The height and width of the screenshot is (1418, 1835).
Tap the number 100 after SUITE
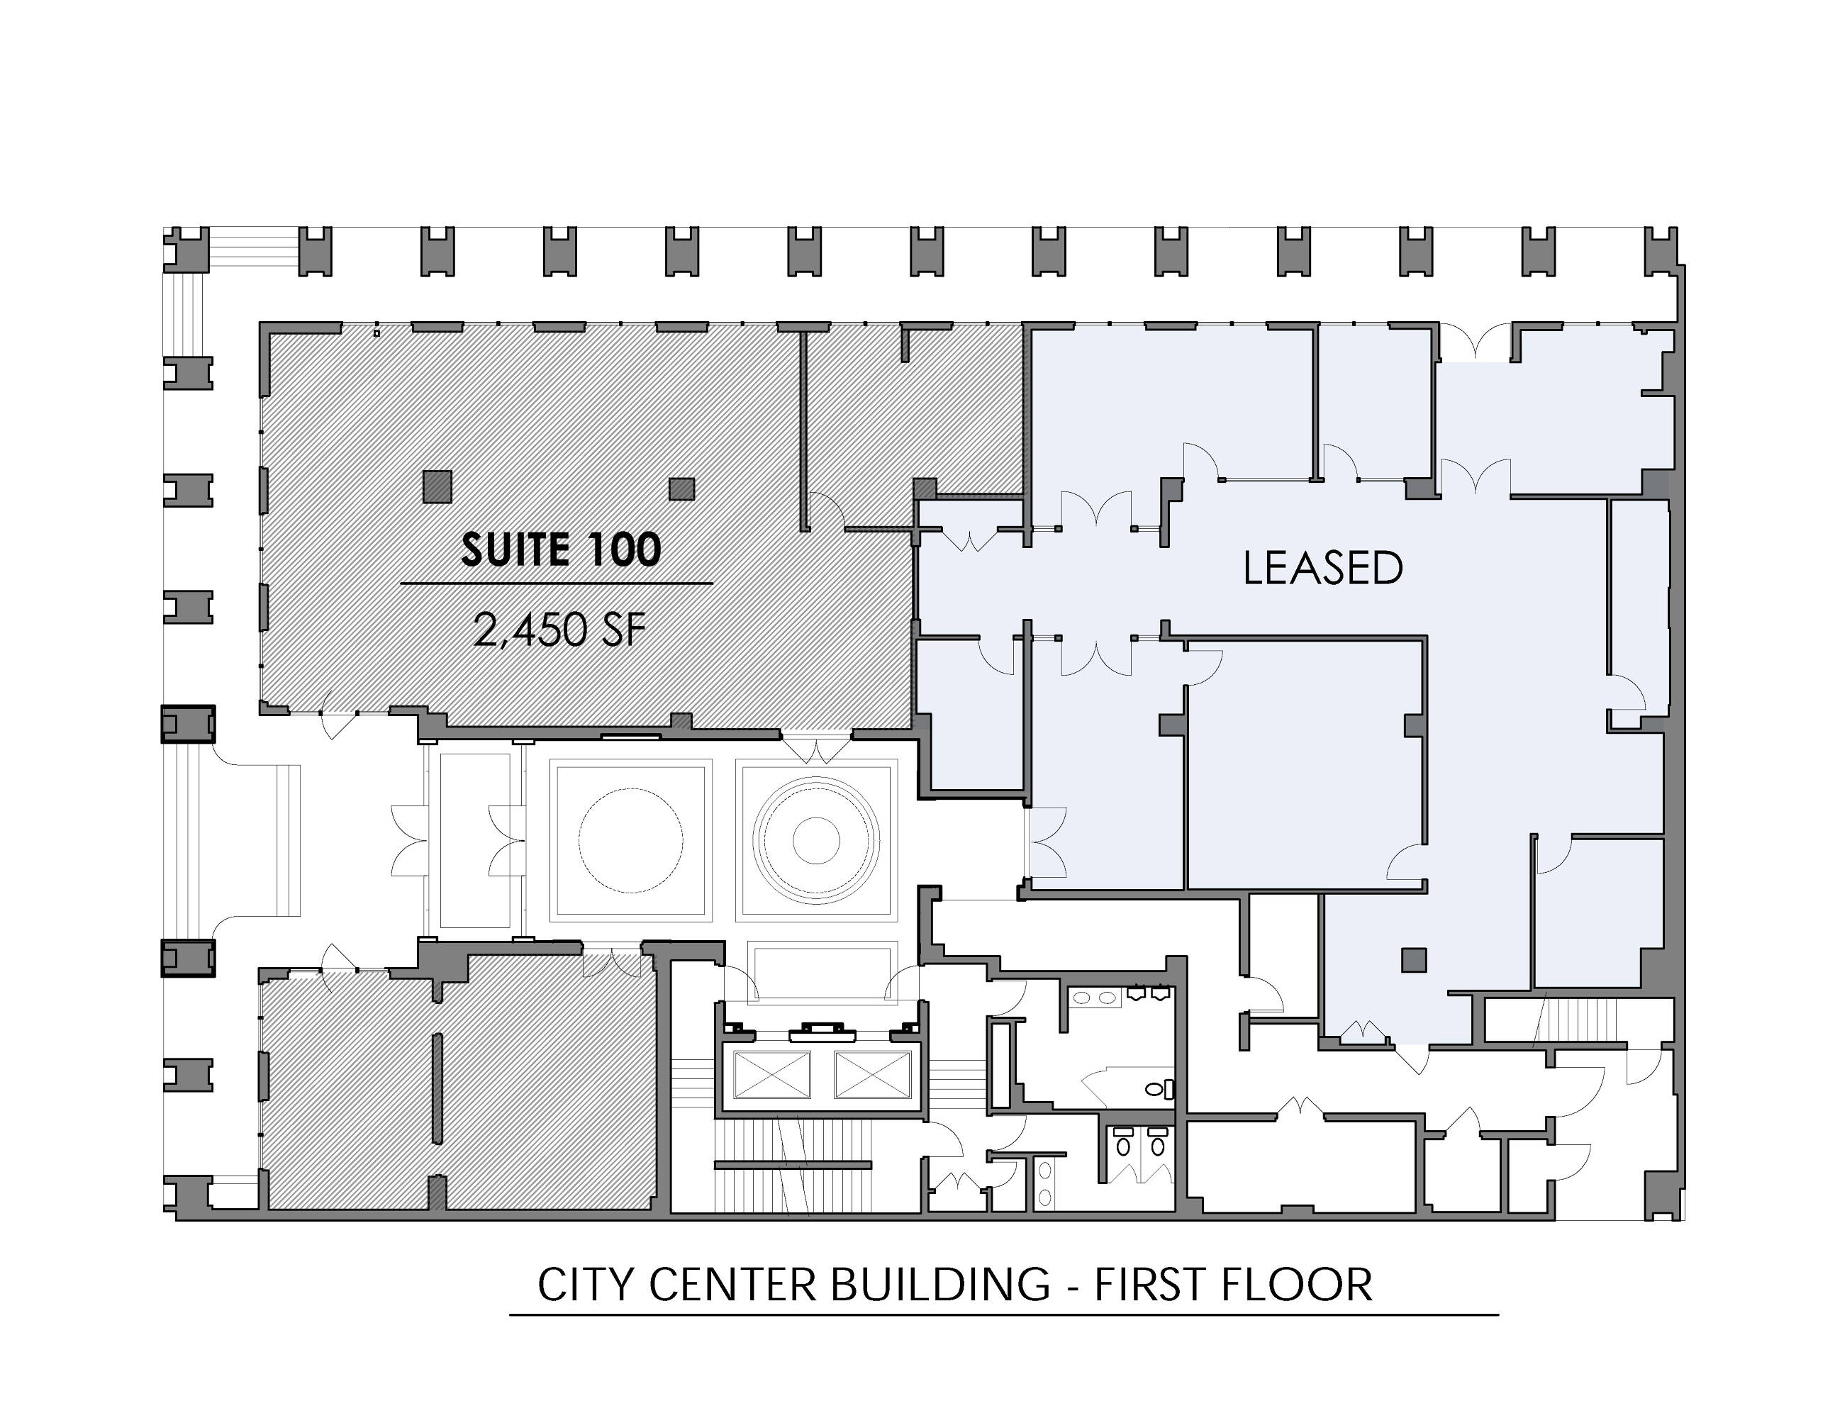click(618, 549)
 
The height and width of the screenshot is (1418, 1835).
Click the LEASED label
click(1322, 568)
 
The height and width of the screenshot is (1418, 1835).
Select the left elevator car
click(772, 1073)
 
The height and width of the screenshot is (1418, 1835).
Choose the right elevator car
click(871, 1073)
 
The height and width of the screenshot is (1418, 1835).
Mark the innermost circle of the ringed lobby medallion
click(816, 840)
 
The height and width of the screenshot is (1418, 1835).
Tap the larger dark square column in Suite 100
click(437, 486)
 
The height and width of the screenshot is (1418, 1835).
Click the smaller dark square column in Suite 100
click(681, 489)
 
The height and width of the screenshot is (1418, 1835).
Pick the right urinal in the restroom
click(1160, 993)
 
